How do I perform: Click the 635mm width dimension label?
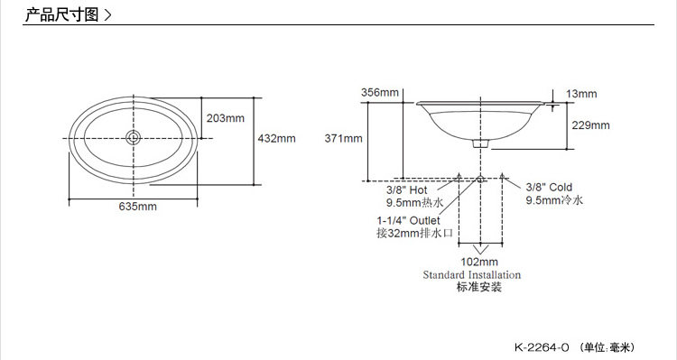click(138, 207)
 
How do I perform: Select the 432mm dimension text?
click(277, 139)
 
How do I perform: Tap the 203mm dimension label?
click(226, 118)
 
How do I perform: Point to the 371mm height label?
click(344, 139)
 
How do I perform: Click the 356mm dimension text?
click(380, 92)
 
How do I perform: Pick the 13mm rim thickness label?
click(581, 94)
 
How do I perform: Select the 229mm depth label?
click(591, 125)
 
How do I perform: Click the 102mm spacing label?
click(479, 262)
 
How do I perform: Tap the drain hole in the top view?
click(134, 138)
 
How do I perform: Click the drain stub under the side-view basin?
click(480, 143)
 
